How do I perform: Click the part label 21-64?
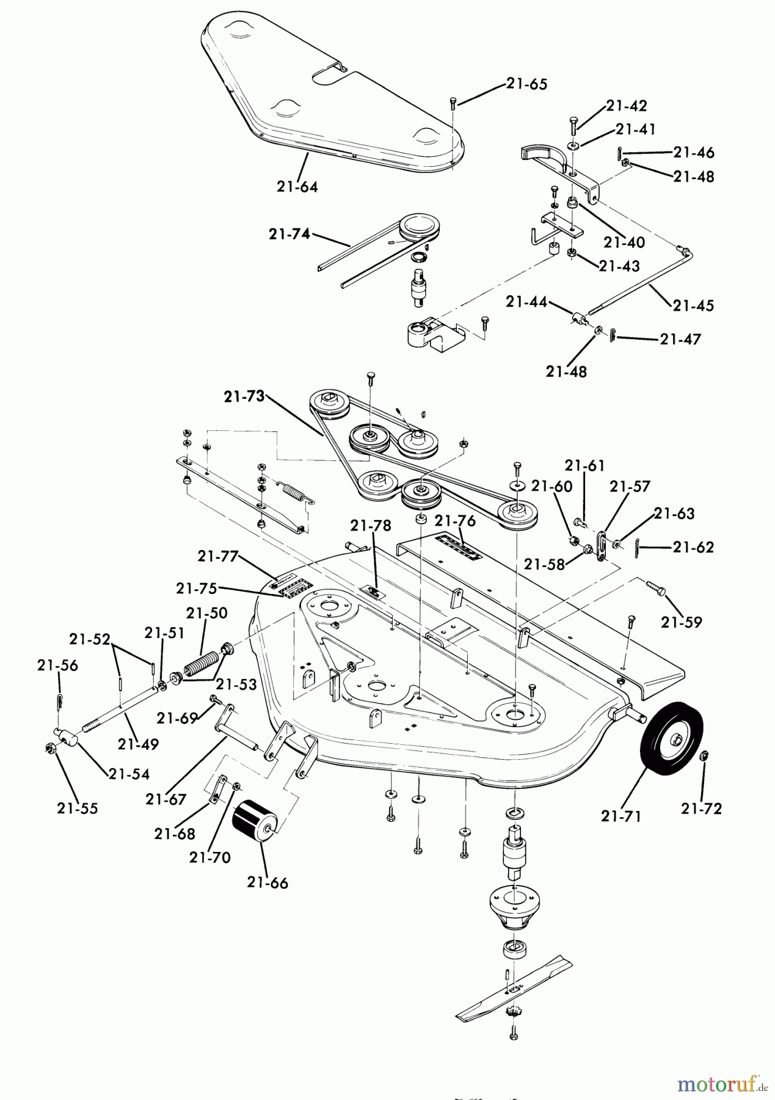coord(297,187)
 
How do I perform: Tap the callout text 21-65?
coord(526,84)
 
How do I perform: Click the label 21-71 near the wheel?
coord(621,815)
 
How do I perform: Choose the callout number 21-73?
coord(244,397)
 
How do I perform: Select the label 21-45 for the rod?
coord(694,305)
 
